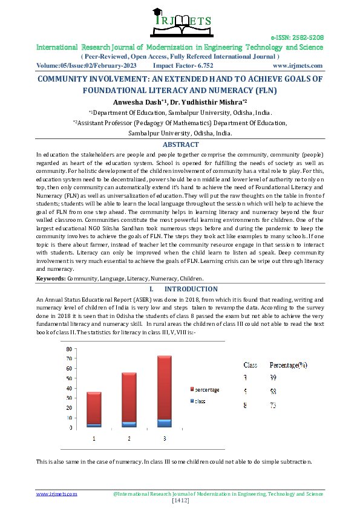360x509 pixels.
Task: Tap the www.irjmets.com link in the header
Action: click(x=298, y=65)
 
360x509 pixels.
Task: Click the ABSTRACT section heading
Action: click(x=180, y=145)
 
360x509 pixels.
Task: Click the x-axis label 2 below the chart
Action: click(x=129, y=438)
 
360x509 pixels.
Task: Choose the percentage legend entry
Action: click(x=204, y=389)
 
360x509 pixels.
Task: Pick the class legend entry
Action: click(x=200, y=401)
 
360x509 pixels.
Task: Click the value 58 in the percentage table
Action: click(x=273, y=391)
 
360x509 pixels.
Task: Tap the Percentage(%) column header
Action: click(x=289, y=365)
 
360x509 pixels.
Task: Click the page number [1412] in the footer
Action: click(x=180, y=501)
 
